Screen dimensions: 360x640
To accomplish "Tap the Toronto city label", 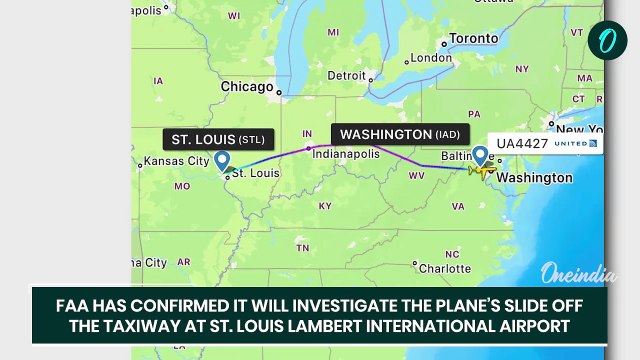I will click(x=474, y=39).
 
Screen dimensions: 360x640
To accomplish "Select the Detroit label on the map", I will click(x=347, y=75).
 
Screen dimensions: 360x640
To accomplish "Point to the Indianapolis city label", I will click(x=346, y=154).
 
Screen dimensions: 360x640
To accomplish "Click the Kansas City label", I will click(x=176, y=161).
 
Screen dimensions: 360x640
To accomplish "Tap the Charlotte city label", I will click(x=445, y=268).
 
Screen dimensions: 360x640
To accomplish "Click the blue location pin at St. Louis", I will click(x=222, y=160).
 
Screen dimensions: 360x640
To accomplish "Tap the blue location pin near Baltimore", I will click(x=481, y=155).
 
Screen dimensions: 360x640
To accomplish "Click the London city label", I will click(x=431, y=58).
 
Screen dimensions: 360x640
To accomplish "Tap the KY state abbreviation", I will click(x=324, y=205).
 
